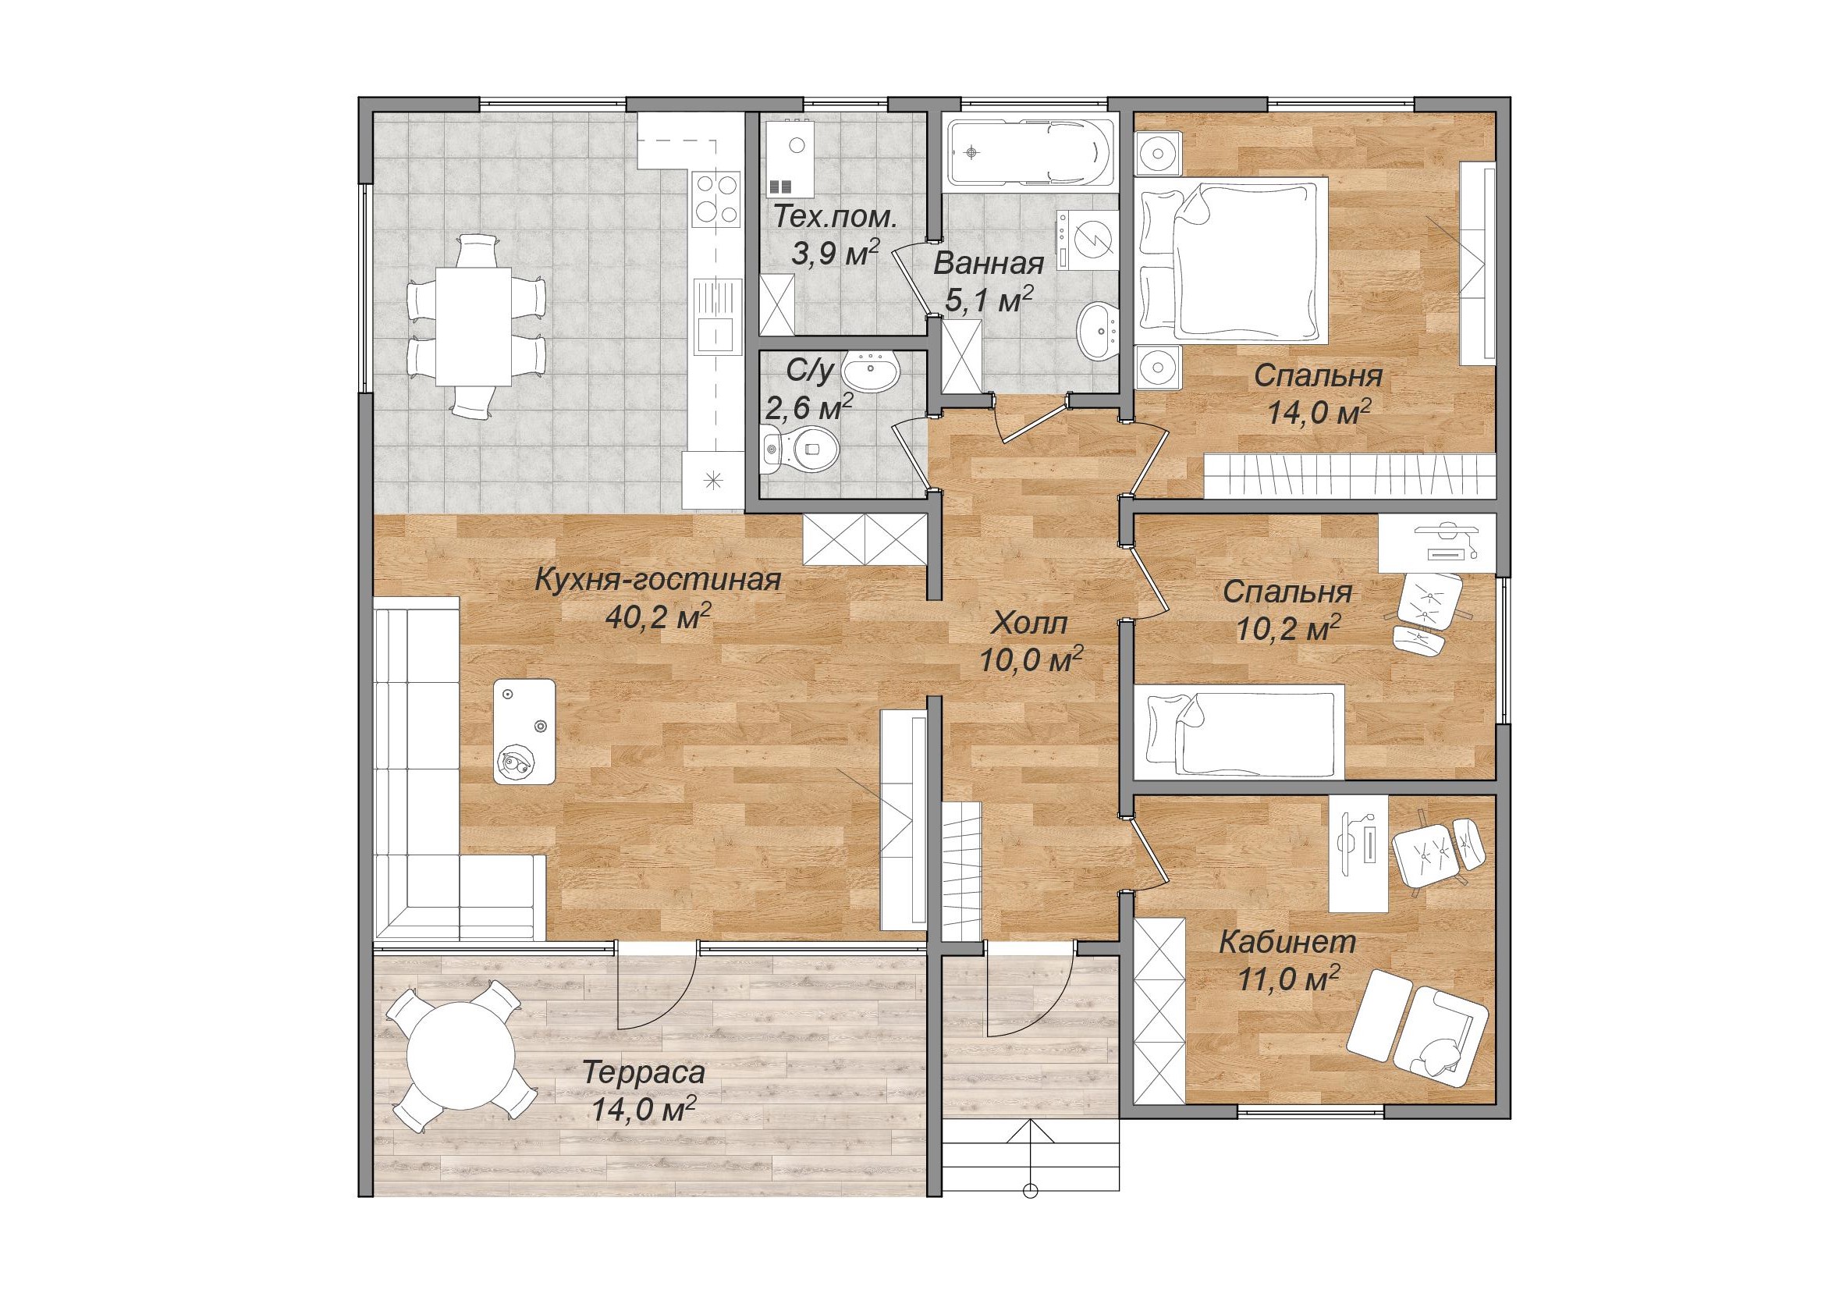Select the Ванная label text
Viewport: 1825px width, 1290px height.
[987, 263]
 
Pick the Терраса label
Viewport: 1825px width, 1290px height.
[643, 1073]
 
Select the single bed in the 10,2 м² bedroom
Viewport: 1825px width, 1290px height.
[1237, 732]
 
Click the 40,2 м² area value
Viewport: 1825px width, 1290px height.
[657, 617]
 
